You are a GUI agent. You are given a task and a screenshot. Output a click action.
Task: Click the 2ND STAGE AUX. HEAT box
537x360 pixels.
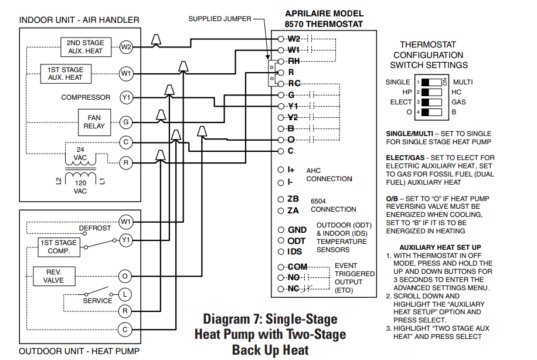coord(84,47)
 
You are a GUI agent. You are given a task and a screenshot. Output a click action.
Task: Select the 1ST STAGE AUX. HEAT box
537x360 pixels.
coord(65,73)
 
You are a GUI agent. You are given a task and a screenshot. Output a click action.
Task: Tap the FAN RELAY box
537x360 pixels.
coord(94,121)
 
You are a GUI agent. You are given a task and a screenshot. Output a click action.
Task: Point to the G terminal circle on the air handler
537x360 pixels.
coord(125,123)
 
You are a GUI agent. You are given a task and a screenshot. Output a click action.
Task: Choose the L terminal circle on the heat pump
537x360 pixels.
coord(125,294)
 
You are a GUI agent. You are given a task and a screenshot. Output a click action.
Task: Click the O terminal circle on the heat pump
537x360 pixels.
coord(125,276)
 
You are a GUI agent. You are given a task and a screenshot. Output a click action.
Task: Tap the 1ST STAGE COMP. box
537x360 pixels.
coord(58,247)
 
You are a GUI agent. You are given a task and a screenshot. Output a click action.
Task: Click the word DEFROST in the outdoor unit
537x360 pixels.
coord(95,228)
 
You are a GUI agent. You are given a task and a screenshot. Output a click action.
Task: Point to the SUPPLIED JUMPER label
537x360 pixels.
coord(219,19)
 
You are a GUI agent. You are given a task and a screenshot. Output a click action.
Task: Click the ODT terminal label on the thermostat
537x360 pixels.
coord(297,241)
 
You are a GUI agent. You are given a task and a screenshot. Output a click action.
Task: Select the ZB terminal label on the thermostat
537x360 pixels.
coord(293,199)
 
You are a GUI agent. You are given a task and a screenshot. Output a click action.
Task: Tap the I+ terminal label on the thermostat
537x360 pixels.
coord(291,169)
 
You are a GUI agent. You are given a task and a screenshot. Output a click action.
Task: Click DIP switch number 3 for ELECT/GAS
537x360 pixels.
coord(432,102)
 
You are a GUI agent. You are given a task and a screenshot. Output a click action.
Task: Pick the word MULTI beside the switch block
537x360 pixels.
coord(463,82)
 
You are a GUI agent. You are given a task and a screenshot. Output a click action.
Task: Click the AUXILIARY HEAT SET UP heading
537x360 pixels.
coord(440,247)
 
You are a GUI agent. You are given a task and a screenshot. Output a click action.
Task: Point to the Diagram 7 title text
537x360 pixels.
coord(270,334)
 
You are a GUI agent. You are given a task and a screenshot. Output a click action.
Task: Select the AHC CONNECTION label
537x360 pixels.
coord(329,175)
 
